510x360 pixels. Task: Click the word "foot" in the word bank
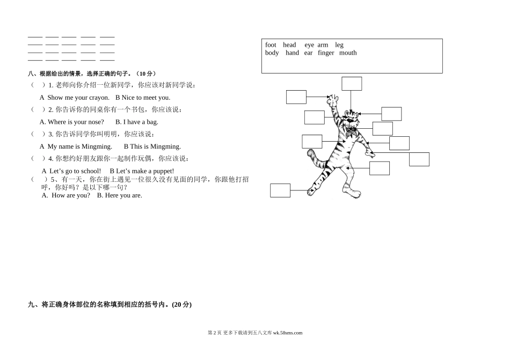[271, 45]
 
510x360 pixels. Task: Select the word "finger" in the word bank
[326, 53]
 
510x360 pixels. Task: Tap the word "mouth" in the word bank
[348, 53]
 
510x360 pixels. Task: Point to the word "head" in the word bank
[289, 45]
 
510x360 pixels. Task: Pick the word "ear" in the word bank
[308, 53]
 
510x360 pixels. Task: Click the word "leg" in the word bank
[339, 45]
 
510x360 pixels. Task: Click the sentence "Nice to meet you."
[145, 98]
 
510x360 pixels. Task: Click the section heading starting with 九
[110, 305]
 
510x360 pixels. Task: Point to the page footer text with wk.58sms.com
[254, 333]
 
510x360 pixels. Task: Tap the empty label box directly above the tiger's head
[352, 84]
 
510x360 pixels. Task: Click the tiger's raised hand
[334, 100]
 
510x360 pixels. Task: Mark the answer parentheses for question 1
[37, 85]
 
